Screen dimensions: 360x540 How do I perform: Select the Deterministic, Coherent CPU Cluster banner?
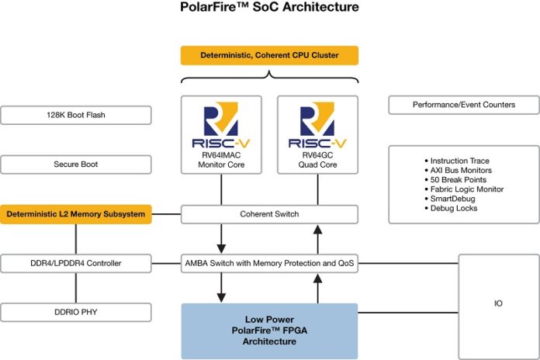tap(270, 55)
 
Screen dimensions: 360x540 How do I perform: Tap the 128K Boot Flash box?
tap(75, 116)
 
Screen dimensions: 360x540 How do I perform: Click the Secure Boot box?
tap(75, 164)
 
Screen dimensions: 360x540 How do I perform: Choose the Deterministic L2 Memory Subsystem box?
tap(75, 214)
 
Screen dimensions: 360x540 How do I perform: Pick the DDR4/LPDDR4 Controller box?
tap(75, 264)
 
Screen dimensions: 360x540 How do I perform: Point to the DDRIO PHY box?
tap(75, 313)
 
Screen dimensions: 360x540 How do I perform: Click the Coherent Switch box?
tap(270, 214)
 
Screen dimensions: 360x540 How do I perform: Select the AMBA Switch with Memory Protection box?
tap(270, 264)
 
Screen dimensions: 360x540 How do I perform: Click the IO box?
tap(497, 303)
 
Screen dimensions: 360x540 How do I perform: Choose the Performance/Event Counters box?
tap(463, 105)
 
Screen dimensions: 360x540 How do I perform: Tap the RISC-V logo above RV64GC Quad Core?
tap(317, 126)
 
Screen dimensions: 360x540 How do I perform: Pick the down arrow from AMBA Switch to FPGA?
tap(222, 287)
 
